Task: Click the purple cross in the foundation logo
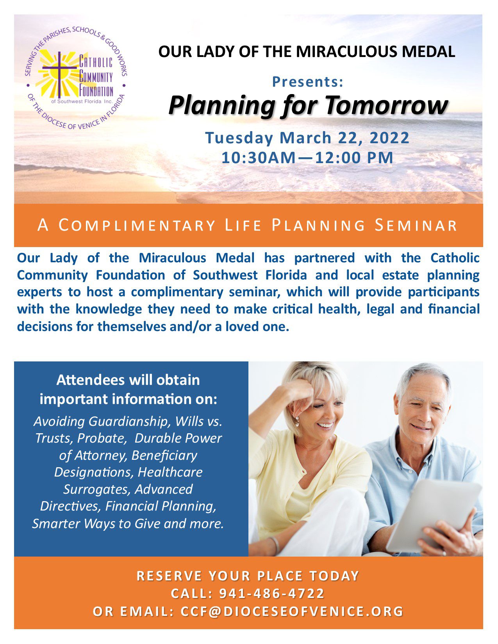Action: click(x=59, y=74)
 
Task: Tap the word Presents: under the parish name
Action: click(x=308, y=82)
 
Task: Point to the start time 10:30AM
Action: click(x=259, y=157)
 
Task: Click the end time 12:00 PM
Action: click(x=354, y=157)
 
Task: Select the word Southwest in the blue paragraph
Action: click(x=225, y=275)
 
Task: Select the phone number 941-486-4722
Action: click(x=272, y=594)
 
